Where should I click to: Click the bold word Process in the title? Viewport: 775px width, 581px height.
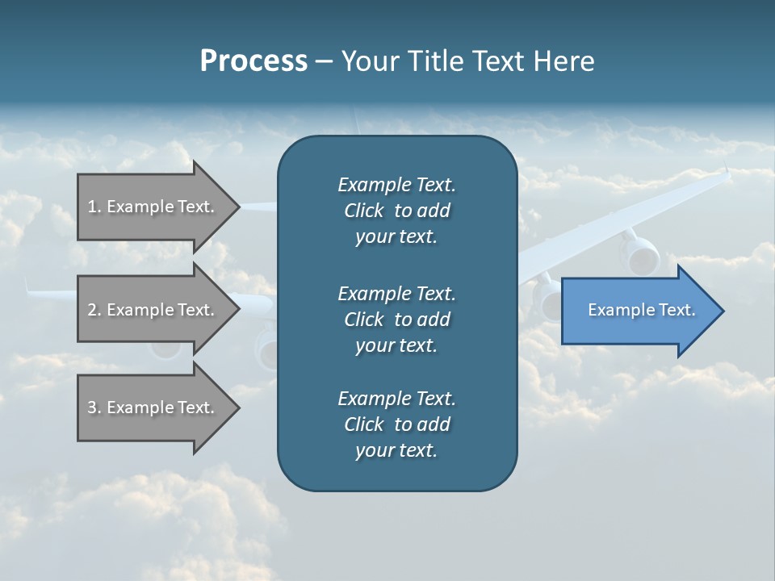pos(253,61)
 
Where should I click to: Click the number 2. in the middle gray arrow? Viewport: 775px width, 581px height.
pos(94,310)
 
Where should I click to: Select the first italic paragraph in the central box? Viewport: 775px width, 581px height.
pos(396,211)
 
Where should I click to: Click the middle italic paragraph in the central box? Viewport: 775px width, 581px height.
pos(396,320)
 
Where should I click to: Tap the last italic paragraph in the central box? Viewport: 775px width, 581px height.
pos(396,424)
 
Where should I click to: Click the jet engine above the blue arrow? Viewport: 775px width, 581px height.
pos(639,253)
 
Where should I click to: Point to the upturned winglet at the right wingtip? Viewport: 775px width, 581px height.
pos(726,172)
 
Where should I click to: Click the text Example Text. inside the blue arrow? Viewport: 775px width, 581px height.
pos(641,310)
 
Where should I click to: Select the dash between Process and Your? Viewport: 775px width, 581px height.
pos(325,61)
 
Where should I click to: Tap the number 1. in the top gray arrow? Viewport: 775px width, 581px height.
pos(94,207)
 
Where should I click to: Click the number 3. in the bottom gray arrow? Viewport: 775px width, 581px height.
pos(94,408)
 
